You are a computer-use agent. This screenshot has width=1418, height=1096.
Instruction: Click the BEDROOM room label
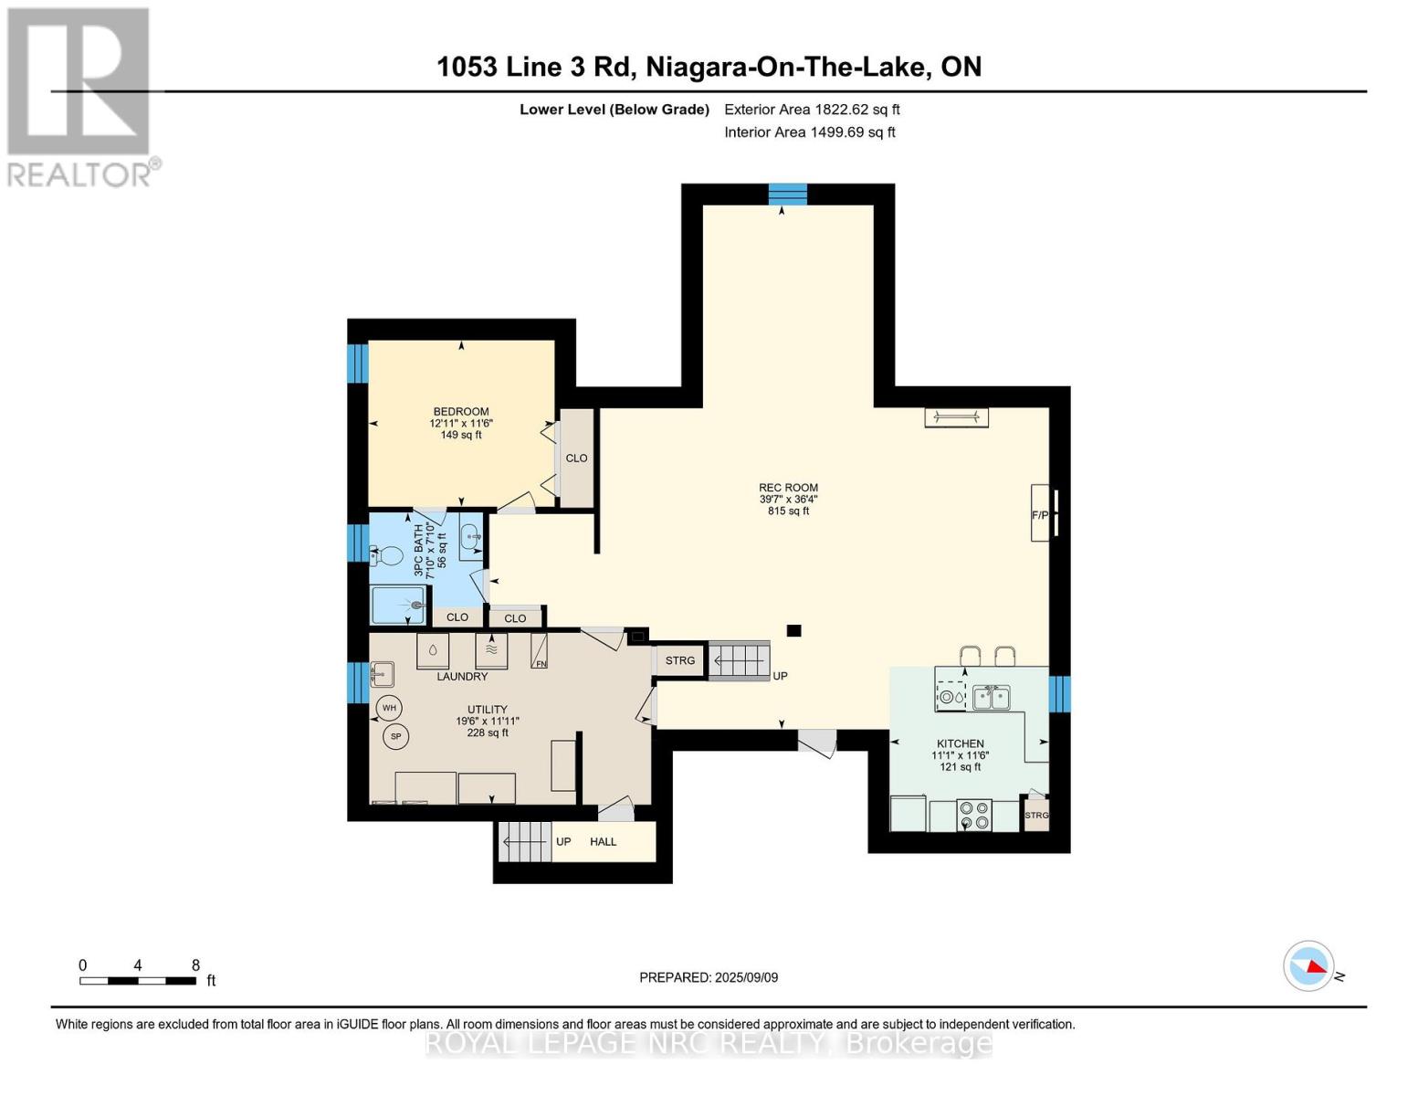point(461,411)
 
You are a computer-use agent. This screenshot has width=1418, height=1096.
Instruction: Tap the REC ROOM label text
point(788,487)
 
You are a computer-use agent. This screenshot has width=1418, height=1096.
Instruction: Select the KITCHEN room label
point(960,743)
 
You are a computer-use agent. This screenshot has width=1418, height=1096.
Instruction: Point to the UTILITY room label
point(487,709)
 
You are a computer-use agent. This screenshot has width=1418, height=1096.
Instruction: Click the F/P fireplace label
point(1039,515)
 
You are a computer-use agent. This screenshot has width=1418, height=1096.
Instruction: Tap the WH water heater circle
point(389,708)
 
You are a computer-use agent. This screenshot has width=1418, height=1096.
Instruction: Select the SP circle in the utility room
point(395,736)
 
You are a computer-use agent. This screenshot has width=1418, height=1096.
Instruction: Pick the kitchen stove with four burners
point(973,816)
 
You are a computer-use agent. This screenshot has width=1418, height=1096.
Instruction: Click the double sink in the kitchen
point(991,698)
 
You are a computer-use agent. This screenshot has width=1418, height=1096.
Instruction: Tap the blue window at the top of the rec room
point(787,194)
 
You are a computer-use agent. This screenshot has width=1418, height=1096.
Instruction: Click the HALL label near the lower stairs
point(603,841)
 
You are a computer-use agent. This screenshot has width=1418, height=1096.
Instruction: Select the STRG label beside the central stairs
point(680,660)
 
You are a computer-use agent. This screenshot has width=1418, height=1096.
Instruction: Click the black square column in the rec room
point(793,630)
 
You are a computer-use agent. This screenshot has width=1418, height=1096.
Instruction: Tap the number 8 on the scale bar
point(195,964)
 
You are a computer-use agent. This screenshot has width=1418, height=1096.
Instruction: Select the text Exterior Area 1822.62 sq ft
point(812,110)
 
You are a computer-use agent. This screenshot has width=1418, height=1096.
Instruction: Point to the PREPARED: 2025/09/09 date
point(709,977)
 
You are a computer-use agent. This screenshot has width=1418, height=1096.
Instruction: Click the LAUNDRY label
point(462,676)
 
